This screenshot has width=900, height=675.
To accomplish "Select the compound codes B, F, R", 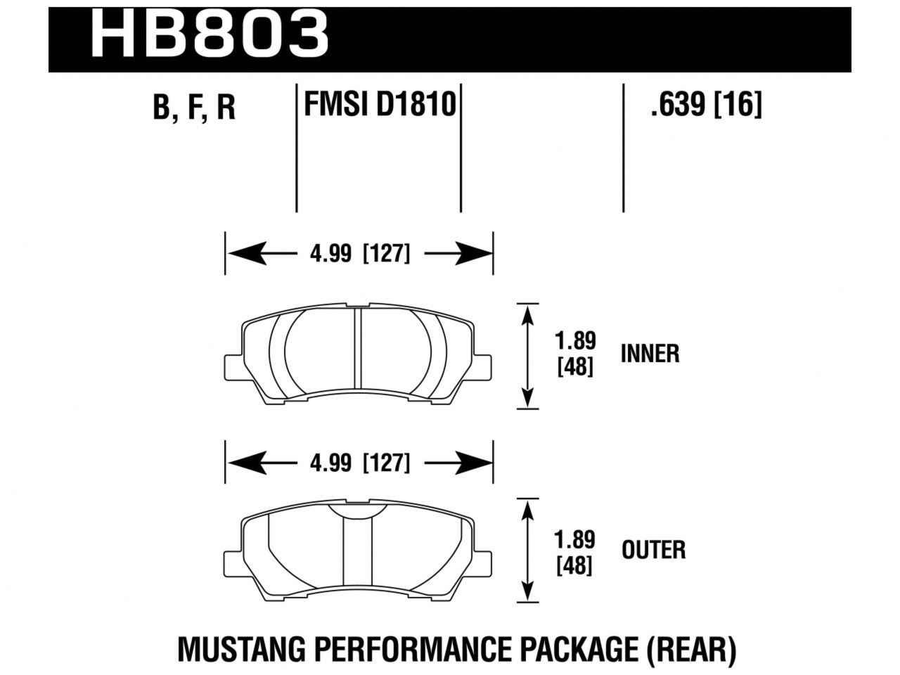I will coord(194,108).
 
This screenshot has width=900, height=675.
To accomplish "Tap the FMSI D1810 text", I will coord(380,106).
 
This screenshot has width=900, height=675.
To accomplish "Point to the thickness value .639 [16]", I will coord(706,106).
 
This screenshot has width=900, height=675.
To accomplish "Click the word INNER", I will coord(650,354).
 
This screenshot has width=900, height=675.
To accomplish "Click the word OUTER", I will coord(653,550).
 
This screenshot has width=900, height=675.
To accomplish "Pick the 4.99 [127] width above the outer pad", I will coord(359,463).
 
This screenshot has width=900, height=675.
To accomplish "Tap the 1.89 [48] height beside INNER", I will coord(575,354).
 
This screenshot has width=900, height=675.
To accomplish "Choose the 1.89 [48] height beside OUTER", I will coord(575,552).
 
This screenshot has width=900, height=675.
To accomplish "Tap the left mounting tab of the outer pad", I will coord(234,560).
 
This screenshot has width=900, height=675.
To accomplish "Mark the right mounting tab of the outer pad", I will coord(482,560).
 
